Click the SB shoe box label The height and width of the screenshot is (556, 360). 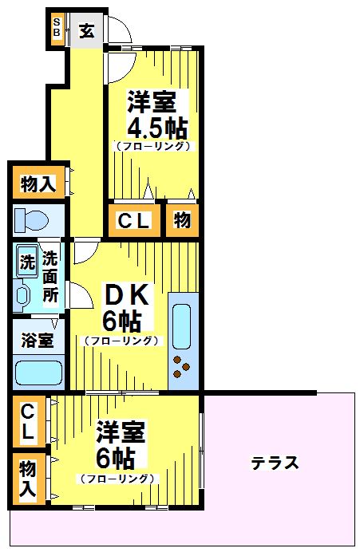[x=57, y=28]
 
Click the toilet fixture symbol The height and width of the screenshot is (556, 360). [x=33, y=219]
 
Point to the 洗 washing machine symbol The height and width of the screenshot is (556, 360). [x=27, y=260]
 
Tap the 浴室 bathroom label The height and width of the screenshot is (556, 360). [x=38, y=341]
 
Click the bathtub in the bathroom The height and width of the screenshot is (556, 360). [x=38, y=373]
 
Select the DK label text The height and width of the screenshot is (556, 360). [x=128, y=296]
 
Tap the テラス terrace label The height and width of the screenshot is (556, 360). [x=275, y=462]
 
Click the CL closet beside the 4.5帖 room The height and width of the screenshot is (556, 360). [x=134, y=221]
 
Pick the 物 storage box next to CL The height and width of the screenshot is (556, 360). [x=182, y=221]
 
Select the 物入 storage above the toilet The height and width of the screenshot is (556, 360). [x=38, y=183]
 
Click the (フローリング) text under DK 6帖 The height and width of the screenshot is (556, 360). [x=121, y=341]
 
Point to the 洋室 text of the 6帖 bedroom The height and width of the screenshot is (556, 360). [x=120, y=433]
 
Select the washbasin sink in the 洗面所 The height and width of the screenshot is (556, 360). [x=23, y=296]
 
